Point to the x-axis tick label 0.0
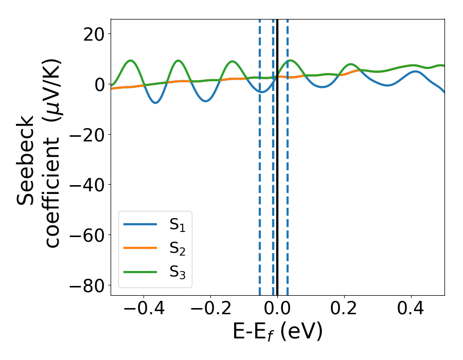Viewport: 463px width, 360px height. click(277, 310)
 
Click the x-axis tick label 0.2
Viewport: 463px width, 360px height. click(344, 310)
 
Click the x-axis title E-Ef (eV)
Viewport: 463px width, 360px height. click(277, 332)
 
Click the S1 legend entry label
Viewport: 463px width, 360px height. click(177, 225)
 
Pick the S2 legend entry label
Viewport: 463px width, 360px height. click(177, 249)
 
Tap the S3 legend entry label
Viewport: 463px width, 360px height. click(177, 273)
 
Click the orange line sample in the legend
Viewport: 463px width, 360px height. click(140, 249)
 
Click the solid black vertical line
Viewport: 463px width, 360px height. click(277, 154)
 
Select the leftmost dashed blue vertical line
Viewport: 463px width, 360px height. click(260, 154)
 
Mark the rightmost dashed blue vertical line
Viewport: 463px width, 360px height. click(287, 154)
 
